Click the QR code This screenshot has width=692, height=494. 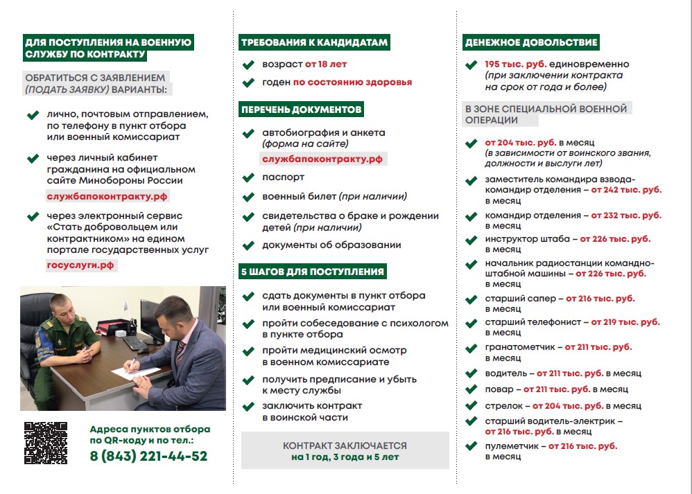point(46,443)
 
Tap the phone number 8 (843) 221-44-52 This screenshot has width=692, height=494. point(148,456)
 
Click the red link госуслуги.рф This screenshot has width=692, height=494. point(81,265)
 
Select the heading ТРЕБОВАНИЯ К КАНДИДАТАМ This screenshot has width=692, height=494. point(313,43)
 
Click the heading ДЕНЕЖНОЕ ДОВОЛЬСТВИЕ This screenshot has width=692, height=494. point(530,43)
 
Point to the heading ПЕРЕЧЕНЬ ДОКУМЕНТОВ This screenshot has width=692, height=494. point(301,110)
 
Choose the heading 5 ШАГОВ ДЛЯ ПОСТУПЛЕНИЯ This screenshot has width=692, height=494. point(312,272)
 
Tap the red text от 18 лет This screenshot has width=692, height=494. point(326,64)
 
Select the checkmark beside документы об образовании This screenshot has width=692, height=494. point(248,246)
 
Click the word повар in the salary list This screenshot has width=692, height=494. point(499,389)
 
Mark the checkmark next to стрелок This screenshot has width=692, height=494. point(472,405)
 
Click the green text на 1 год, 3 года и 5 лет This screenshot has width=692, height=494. point(345,458)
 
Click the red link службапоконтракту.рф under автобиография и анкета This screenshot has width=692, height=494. point(322,159)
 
